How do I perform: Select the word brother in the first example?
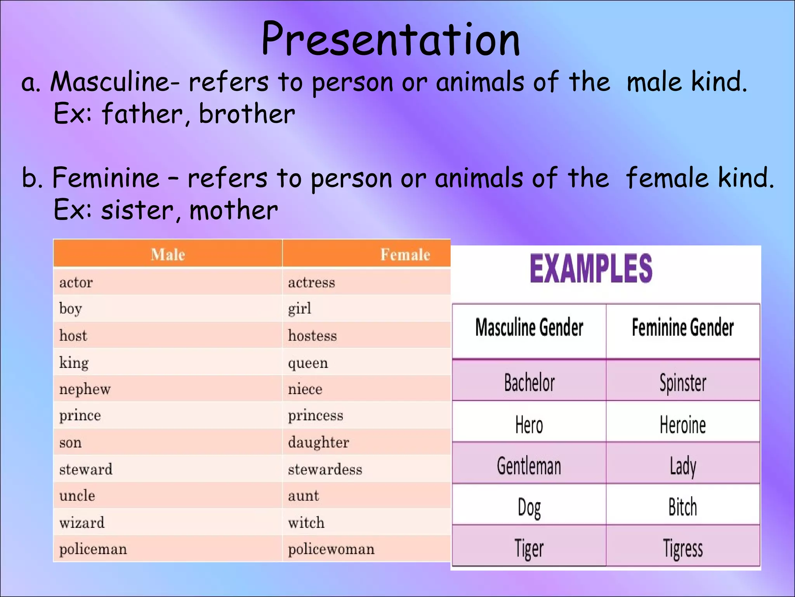click(247, 114)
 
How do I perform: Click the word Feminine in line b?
click(106, 178)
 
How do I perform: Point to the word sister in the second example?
click(137, 210)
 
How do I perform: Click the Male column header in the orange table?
click(168, 255)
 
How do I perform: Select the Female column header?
click(405, 255)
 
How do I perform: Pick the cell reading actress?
click(311, 282)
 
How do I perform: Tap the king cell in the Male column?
click(74, 363)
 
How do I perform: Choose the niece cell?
click(305, 389)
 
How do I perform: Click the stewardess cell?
click(325, 470)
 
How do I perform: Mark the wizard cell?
click(82, 522)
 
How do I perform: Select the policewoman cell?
click(331, 549)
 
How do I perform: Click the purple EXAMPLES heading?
click(591, 269)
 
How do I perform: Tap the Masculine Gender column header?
click(529, 327)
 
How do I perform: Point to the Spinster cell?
click(683, 382)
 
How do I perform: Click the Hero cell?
click(529, 424)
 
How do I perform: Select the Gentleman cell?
click(529, 466)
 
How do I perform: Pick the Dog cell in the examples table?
click(529, 507)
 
